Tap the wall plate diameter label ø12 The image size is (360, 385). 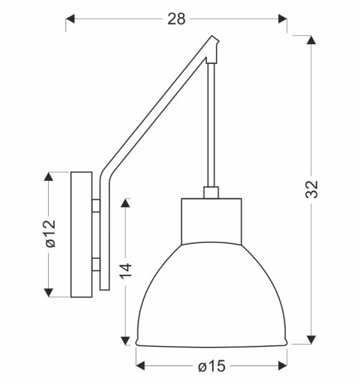click(49, 233)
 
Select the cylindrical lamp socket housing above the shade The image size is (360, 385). click(211, 221)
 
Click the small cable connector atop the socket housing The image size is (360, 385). click(211, 193)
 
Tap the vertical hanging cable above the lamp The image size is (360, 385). click(211, 128)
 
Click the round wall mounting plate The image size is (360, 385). click(80, 234)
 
